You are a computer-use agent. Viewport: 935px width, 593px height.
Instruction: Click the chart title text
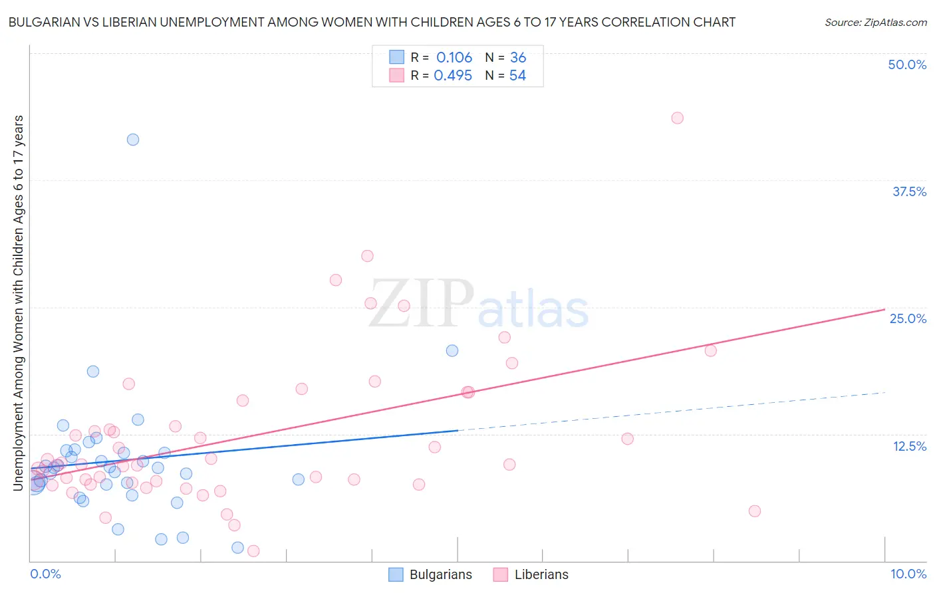coord(372,22)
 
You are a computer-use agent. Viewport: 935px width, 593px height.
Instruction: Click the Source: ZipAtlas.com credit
coord(875,22)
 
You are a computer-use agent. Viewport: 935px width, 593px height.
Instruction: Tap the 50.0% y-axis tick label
coord(907,64)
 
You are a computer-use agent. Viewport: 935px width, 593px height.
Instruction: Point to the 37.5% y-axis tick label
coord(909,191)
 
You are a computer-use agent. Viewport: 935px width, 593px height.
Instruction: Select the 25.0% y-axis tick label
coord(908,318)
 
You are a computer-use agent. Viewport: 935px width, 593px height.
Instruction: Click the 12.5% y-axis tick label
coord(909,446)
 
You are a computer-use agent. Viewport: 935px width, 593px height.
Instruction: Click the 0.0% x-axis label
coord(45,574)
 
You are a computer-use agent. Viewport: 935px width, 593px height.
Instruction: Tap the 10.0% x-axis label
coord(908,574)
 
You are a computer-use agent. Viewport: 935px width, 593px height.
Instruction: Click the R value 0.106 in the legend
coord(454,58)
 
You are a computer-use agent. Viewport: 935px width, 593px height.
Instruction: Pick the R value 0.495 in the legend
coord(453,76)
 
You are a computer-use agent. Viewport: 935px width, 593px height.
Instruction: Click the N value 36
coord(518,58)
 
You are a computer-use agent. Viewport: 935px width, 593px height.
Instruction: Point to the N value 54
coord(517,76)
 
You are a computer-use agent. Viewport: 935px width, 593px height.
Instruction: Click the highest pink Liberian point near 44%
coord(677,118)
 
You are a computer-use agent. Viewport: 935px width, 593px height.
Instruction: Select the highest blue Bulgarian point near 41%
coord(133,140)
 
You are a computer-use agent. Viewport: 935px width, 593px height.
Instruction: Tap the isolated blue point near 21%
coord(452,350)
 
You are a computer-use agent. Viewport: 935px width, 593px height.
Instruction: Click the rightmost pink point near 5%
coord(754,511)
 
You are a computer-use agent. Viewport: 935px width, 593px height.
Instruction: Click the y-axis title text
coord(18,303)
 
